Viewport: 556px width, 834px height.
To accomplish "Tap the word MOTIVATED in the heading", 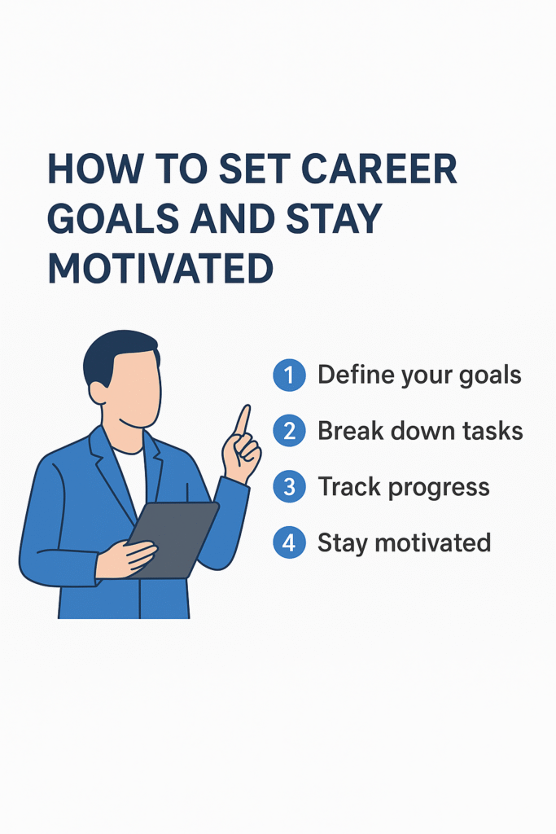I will pos(160,268).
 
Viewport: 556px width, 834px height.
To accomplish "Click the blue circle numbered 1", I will pos(289,375).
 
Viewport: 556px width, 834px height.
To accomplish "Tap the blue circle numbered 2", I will pos(289,431).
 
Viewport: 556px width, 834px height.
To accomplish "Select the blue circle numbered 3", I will pos(289,487).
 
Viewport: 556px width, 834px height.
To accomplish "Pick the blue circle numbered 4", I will pos(289,542).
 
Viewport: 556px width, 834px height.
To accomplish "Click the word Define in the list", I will pos(352,375).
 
